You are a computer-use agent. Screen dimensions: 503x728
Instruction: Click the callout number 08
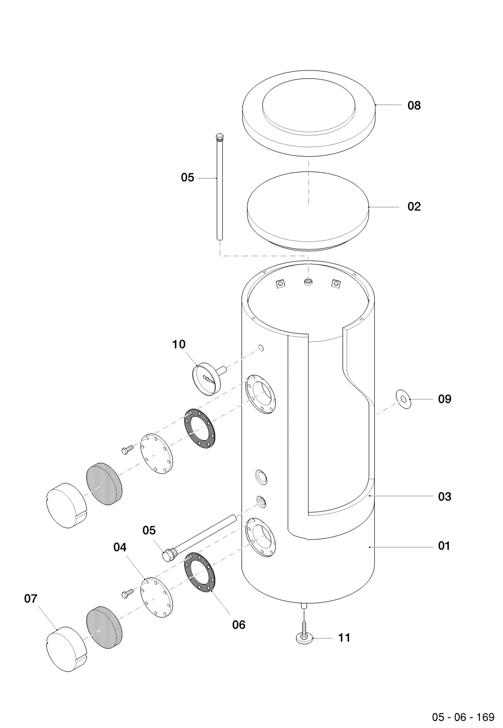tap(414, 105)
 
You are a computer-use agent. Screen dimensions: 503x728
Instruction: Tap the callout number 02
tap(414, 207)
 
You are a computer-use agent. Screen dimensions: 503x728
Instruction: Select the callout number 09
tap(445, 399)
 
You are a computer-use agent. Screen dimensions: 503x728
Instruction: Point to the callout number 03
tap(445, 497)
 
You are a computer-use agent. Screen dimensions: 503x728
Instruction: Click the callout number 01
tap(444, 545)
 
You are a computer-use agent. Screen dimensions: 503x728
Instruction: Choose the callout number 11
tap(345, 638)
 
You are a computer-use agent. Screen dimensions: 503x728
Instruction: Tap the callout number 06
tap(238, 624)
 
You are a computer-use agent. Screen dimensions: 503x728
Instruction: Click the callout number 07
tap(31, 599)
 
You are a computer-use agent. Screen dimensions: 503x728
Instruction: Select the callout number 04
tap(120, 548)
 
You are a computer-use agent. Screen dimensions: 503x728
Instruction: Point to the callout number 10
tap(179, 344)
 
